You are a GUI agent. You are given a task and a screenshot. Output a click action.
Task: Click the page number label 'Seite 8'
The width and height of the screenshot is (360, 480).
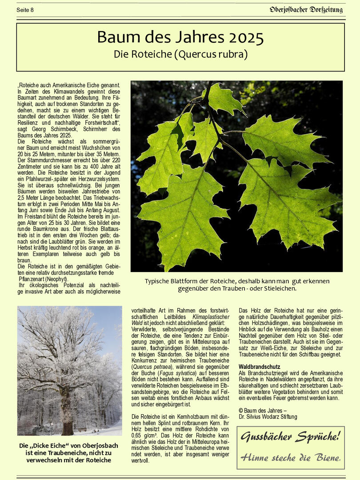(x=25, y=10)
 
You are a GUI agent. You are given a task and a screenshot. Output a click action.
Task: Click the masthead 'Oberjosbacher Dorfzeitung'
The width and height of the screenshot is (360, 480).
(x=307, y=9)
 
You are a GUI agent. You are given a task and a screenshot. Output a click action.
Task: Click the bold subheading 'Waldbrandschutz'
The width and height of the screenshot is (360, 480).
(x=260, y=367)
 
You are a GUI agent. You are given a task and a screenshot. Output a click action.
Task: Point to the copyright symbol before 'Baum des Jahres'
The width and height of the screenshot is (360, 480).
(x=241, y=410)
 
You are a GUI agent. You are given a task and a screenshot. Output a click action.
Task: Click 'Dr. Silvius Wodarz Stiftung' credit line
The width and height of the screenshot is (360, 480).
(x=268, y=417)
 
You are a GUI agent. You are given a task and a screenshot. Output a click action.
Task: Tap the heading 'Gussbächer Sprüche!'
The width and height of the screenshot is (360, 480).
(x=290, y=436)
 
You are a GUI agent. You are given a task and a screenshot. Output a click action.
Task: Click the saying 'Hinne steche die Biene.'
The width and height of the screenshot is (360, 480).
(x=291, y=457)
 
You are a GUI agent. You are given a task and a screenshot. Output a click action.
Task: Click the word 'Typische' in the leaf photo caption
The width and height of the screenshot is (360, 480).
(x=158, y=281)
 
